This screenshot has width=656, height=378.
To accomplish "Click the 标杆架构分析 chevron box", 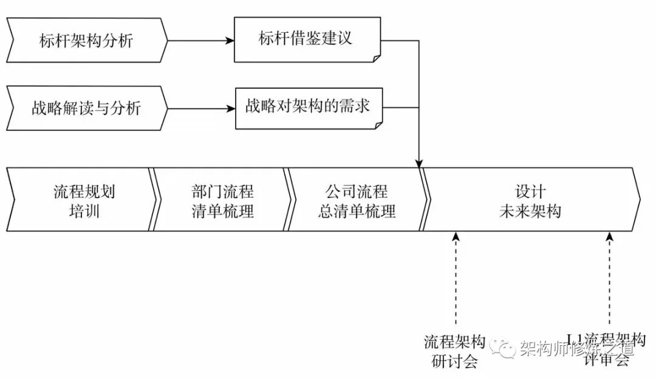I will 85,41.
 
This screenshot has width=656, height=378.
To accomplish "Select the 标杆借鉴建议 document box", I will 307,40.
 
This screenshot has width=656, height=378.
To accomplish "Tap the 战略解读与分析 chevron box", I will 85,109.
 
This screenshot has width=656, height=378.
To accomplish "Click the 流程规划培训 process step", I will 82,200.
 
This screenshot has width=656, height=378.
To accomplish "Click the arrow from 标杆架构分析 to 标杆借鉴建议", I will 200,41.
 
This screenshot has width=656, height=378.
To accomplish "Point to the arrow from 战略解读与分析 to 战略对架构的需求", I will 200,109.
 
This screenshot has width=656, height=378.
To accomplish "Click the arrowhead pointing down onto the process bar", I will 419,163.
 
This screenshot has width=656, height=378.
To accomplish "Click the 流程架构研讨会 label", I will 454,351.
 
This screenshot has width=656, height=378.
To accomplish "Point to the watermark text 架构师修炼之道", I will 576,349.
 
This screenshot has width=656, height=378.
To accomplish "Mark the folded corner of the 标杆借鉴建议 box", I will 377,57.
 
